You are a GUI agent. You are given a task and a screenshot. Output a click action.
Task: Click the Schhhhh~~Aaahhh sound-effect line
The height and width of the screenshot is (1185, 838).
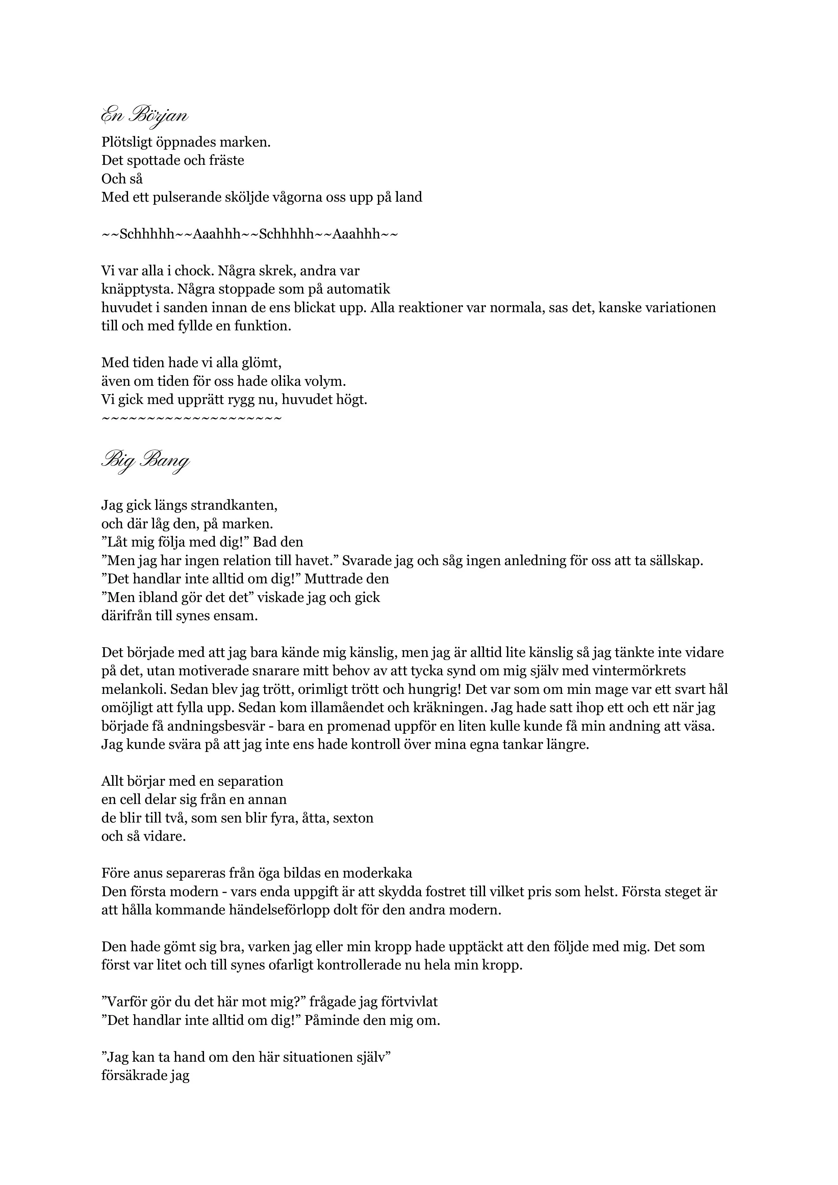click(x=250, y=234)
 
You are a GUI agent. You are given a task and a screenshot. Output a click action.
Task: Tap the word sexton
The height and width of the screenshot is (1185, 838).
click(x=354, y=818)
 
